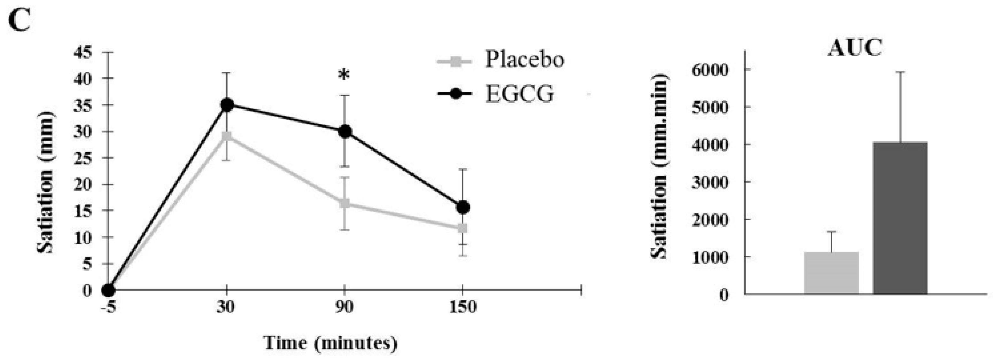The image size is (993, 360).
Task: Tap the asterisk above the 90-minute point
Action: tap(344, 75)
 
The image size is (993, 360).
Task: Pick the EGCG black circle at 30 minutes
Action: tap(227, 105)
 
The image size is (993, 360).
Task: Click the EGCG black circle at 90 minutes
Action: tap(345, 132)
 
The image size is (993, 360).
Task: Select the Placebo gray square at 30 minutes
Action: tap(227, 137)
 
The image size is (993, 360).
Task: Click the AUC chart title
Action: tap(855, 49)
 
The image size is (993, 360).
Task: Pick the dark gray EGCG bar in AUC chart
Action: tap(900, 218)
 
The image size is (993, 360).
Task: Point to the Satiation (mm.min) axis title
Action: tap(659, 166)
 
